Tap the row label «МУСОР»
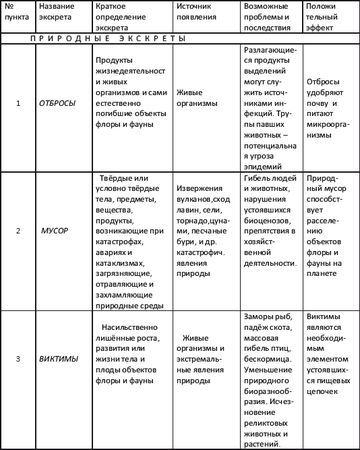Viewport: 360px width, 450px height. pyautogui.click(x=55, y=229)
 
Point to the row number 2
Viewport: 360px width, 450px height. pyautogui.click(x=18, y=229)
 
